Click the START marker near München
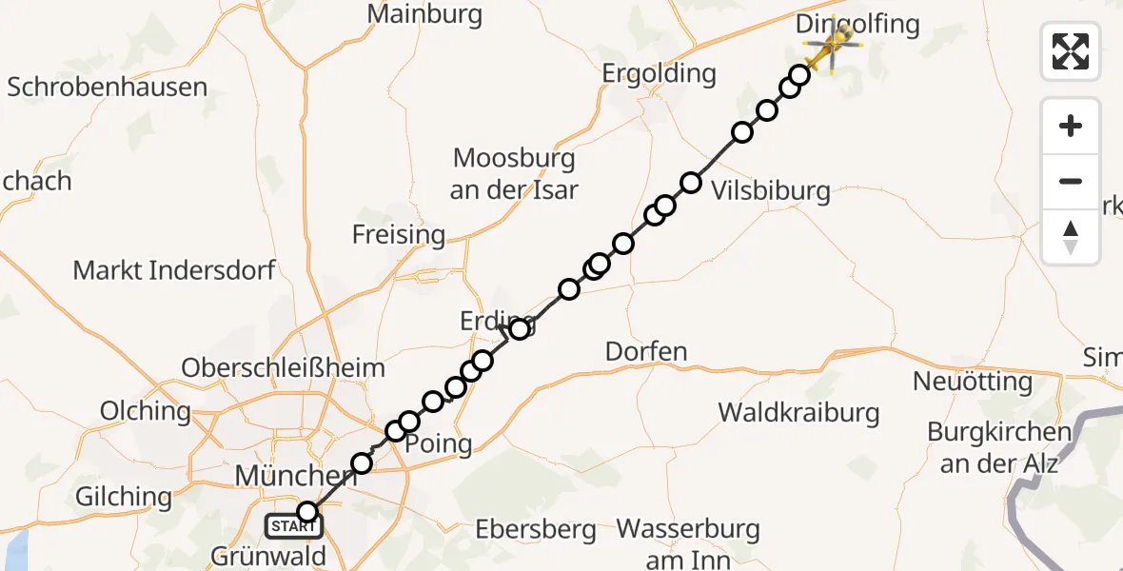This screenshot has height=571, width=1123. [294, 525]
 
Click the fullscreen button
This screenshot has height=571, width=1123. [1071, 50]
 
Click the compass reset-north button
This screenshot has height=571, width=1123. [1071, 237]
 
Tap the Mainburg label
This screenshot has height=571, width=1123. [424, 15]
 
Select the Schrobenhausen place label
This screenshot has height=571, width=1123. [108, 88]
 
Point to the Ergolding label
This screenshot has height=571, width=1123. [659, 73]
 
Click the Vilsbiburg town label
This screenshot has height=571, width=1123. [770, 191]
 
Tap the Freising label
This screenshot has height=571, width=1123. [399, 234]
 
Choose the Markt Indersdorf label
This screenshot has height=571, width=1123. [174, 270]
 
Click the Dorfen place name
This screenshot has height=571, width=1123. [646, 352]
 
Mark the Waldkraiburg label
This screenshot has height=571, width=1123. [798, 413]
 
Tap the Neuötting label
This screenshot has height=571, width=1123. [972, 383]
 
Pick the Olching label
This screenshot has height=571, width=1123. [146, 412]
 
